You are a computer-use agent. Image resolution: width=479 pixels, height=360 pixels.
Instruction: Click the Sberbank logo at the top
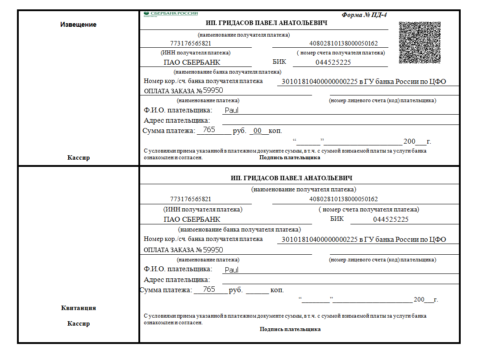171,14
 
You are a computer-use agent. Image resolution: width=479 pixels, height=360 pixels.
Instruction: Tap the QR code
420,42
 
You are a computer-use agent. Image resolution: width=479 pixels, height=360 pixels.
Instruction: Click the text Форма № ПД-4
364,15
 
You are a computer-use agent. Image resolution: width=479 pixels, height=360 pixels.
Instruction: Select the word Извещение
78,25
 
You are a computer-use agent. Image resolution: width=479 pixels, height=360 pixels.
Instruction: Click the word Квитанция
78,308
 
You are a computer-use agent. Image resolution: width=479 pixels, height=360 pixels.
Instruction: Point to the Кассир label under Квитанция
78,323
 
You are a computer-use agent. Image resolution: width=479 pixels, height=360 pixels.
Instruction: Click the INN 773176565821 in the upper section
191,44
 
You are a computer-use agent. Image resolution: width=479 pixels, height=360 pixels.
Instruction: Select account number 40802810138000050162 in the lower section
343,199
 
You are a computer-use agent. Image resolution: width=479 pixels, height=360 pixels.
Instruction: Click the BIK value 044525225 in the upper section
333,62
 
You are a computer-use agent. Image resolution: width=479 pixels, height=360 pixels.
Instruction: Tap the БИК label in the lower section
337,219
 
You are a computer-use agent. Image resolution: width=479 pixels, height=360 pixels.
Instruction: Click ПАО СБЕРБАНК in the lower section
192,219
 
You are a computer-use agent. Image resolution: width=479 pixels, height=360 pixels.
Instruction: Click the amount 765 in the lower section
209,290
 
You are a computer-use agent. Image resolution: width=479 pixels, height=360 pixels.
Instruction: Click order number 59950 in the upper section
213,91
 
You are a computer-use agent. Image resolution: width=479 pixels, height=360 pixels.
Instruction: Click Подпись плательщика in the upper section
290,157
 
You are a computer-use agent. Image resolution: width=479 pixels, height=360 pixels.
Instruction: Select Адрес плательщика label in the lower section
177,280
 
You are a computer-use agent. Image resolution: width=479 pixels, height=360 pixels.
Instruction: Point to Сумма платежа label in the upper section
169,131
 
